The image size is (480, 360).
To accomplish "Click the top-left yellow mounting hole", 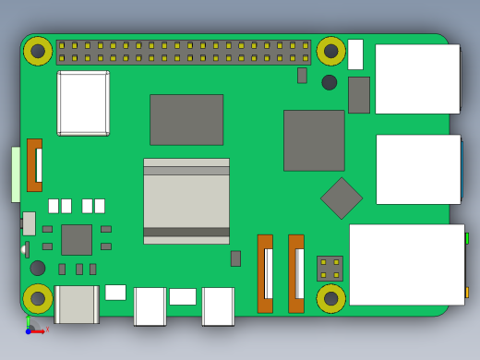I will coord(38,51).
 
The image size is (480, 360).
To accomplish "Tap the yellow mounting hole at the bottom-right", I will coord(330,298).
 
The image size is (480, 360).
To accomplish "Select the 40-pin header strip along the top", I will coord(184,52).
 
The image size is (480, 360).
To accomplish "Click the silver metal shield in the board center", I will coord(186,201).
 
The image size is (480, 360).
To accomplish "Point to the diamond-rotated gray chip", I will coord(342,198).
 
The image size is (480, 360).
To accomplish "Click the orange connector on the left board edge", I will coord(34,164).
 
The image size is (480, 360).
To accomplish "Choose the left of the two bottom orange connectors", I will coord(265,273).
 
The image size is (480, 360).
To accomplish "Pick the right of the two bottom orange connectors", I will coord(296,273).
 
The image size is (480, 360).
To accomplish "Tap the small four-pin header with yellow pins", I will coord(330,269).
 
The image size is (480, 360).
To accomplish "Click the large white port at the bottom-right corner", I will coord(406,264).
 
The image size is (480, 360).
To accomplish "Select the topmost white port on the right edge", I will coord(417,79).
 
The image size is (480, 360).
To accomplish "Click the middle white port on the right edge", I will coord(418,169).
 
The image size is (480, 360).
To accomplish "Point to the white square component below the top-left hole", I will coord(83,103).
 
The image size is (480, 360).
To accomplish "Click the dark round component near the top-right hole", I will coord(330,82).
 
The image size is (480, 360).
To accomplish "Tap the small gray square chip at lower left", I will coord(77,239).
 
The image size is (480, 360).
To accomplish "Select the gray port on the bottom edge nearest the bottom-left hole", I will coord(77,305).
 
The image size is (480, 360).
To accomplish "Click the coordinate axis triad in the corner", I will coord(31,328).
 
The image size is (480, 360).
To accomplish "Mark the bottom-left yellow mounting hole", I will coord(38,298).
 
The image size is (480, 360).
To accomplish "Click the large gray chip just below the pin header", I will coord(186,119).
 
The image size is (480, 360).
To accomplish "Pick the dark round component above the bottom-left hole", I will coord(38,268).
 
